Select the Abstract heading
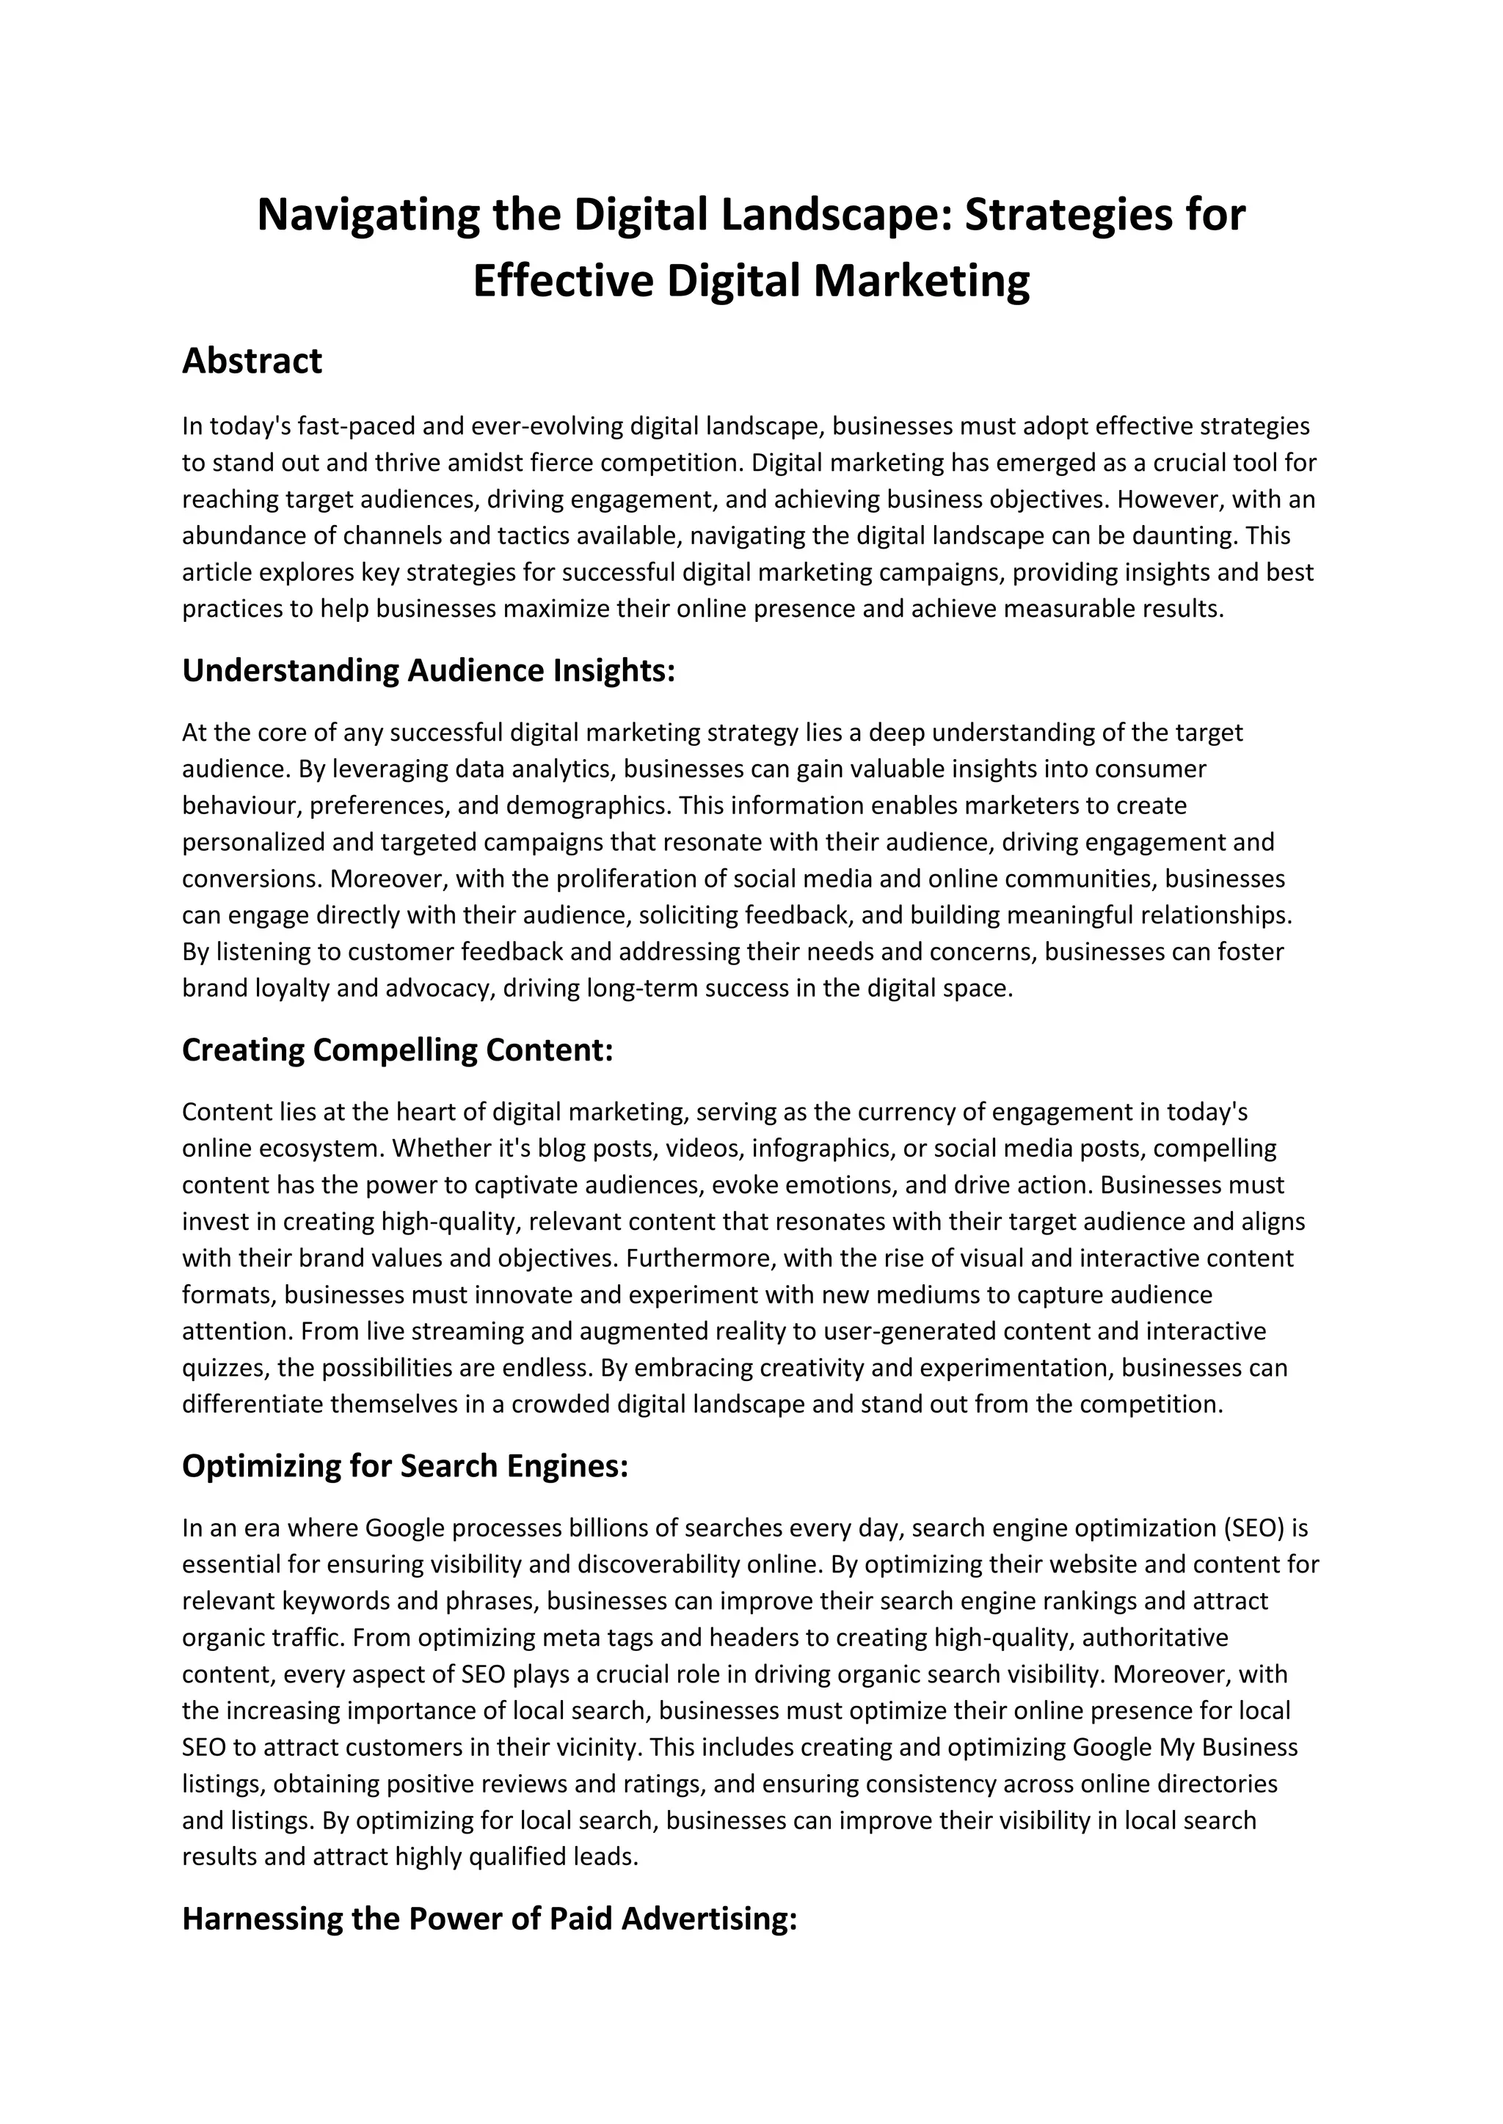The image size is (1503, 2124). click(x=252, y=361)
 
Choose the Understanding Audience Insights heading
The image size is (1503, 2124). click(x=429, y=670)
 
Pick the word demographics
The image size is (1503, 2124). click(x=588, y=806)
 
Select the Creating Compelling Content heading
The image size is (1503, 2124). click(x=398, y=1050)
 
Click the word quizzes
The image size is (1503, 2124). click(x=222, y=1368)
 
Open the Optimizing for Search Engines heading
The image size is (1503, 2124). click(x=405, y=1466)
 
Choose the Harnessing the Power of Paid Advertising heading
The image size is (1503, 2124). click(x=490, y=1919)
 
